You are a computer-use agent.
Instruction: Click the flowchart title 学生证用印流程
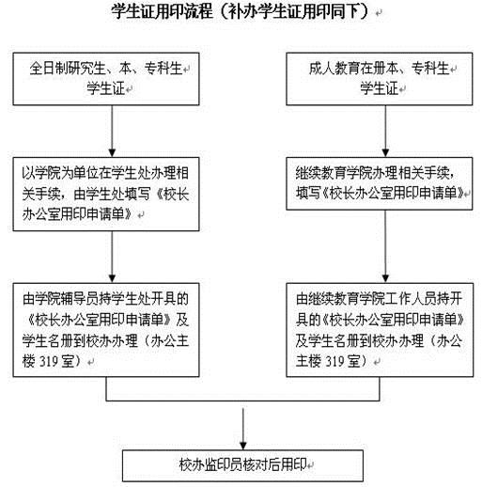coord(163,11)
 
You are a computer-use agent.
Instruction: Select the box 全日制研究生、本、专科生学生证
coord(106,79)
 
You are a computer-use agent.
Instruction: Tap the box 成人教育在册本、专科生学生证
coord(380,79)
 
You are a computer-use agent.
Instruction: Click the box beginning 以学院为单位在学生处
coord(106,194)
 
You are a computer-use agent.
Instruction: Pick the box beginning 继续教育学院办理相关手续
coord(380,183)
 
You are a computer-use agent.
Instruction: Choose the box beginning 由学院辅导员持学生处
coord(106,330)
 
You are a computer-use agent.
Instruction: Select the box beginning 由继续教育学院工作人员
coord(380,330)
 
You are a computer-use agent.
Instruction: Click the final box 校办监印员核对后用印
coord(242,465)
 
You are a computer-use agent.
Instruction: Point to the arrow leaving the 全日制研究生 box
coord(112,131)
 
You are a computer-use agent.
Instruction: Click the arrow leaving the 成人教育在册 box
coord(385,131)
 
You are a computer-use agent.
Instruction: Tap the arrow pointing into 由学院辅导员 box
coord(112,257)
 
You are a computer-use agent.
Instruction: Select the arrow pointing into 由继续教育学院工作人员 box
coord(385,246)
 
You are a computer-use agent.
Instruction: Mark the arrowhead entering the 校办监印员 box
coord(243,446)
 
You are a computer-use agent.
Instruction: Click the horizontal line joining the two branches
coord(242,401)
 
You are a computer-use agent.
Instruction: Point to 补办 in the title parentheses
coord(241,11)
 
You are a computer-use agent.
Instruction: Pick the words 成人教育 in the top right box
coord(334,69)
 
